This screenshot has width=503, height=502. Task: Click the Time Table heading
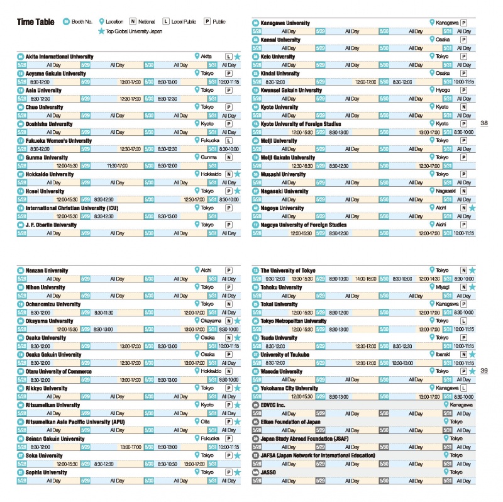[35, 22]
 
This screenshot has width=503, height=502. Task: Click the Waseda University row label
[282, 371]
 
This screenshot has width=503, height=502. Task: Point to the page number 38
[484, 123]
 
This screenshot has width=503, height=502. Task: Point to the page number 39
[484, 371]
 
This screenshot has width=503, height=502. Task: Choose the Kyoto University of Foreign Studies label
[301, 124]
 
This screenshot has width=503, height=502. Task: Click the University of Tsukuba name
[285, 355]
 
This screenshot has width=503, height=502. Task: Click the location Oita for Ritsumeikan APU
[206, 421]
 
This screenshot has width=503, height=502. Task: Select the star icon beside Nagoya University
[472, 208]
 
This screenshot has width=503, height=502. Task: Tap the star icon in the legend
[101, 30]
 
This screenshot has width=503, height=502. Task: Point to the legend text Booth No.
[82, 22]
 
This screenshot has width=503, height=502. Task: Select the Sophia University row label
[47, 472]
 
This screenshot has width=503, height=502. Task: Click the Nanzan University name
[47, 271]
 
